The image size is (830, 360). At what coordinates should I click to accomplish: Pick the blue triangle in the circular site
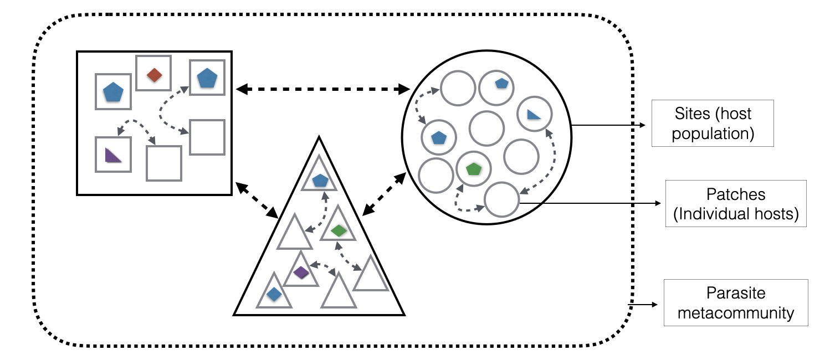click(x=534, y=114)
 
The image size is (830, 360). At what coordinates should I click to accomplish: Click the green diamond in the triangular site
click(x=339, y=230)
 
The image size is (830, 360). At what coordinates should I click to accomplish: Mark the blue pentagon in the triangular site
click(x=320, y=180)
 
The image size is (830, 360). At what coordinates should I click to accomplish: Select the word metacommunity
click(x=735, y=313)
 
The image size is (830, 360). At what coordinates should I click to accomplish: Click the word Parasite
click(x=735, y=294)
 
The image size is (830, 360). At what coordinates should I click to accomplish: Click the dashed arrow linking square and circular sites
click(x=322, y=89)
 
